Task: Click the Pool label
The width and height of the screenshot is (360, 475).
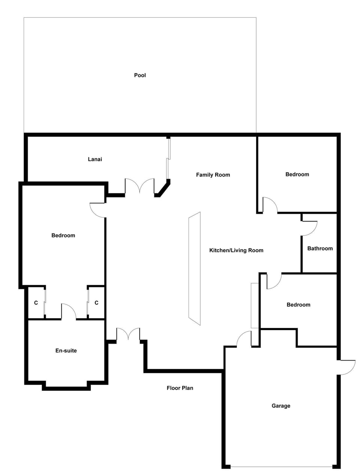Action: click(140, 75)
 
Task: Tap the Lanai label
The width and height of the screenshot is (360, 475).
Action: click(95, 159)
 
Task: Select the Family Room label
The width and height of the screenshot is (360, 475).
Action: click(213, 175)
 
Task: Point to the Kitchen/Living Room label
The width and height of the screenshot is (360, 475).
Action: click(236, 250)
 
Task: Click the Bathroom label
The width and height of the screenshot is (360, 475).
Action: click(320, 248)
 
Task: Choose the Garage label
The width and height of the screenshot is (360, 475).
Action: click(281, 406)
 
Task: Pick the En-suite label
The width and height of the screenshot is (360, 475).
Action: click(66, 350)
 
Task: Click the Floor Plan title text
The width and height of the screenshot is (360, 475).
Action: click(180, 388)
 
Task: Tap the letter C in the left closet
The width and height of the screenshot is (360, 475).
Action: click(36, 303)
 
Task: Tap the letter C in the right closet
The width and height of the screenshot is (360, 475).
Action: click(96, 303)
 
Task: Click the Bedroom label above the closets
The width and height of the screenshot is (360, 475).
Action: click(63, 236)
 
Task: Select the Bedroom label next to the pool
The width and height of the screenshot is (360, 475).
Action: click(297, 174)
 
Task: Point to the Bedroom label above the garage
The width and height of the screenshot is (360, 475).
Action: click(298, 305)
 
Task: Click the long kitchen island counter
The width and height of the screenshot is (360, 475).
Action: click(194, 269)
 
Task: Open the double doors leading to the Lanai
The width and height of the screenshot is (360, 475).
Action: click(139, 186)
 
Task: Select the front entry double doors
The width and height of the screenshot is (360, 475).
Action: click(128, 334)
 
